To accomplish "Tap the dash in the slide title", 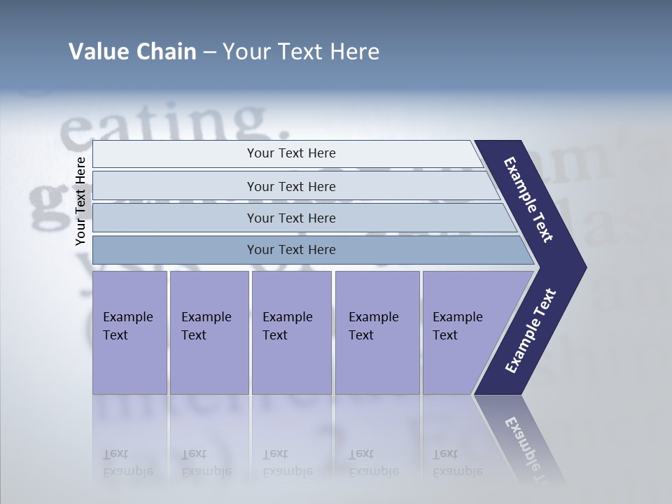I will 209,52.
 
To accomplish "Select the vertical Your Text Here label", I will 80,201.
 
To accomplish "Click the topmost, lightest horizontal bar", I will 290,153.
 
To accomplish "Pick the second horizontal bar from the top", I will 290,186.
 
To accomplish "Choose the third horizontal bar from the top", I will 290,218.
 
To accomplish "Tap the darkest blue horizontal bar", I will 290,250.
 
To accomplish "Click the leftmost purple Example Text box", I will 129,332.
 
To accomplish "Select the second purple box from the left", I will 209,332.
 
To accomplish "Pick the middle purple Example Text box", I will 290,332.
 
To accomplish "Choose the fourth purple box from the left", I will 377,332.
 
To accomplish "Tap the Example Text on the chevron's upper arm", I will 528,199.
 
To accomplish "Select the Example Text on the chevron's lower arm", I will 531,331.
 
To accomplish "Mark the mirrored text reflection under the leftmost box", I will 128,463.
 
